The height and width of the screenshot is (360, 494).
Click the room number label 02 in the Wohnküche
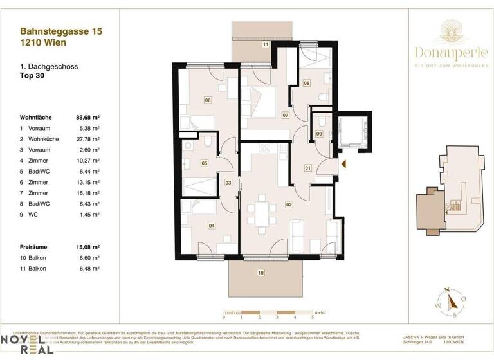click(289, 204)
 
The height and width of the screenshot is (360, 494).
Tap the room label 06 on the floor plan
click(208, 100)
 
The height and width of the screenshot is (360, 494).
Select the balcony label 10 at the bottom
click(261, 273)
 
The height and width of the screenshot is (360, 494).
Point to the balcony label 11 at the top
click(264, 45)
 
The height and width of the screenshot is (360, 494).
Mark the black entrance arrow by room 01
click(343, 164)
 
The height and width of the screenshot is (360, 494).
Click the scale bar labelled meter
click(267, 313)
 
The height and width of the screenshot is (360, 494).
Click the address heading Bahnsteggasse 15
click(61, 30)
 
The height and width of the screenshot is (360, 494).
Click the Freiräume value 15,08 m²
click(91, 246)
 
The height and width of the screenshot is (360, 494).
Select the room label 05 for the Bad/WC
click(204, 163)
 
